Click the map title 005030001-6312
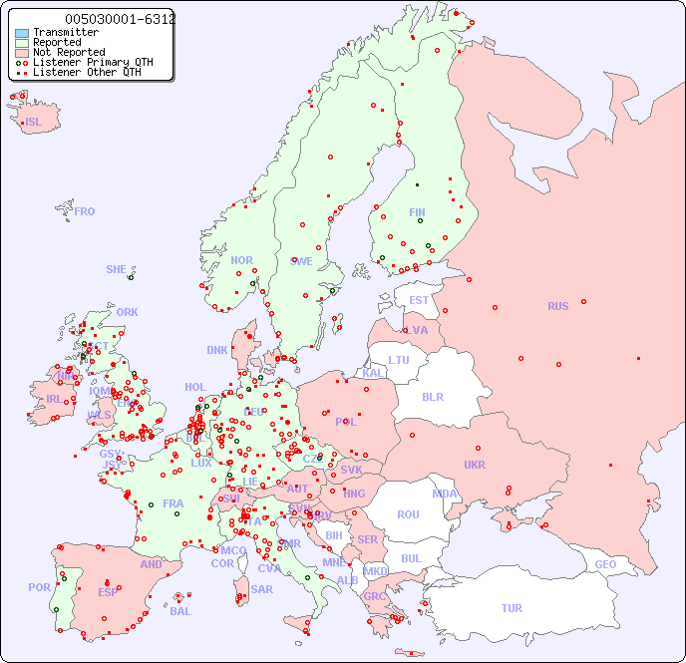pos(120,19)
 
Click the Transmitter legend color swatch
pos(22,33)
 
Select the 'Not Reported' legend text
pos(69,52)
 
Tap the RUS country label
pos(557,306)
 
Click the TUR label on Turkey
pos(512,608)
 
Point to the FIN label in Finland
pos(417,212)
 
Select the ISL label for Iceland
pos(33,123)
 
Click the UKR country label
pos(475,465)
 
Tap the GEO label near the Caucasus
pos(605,564)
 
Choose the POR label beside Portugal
pos(39,587)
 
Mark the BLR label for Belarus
pos(432,396)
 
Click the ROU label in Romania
pos(408,514)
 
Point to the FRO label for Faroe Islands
pos(85,211)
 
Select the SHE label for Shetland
pos(117,269)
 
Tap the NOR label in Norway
pos(241,260)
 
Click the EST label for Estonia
pos(419,300)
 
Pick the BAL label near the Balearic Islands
pos(179,611)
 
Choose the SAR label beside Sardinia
pos(261,589)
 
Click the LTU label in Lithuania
pos(399,360)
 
